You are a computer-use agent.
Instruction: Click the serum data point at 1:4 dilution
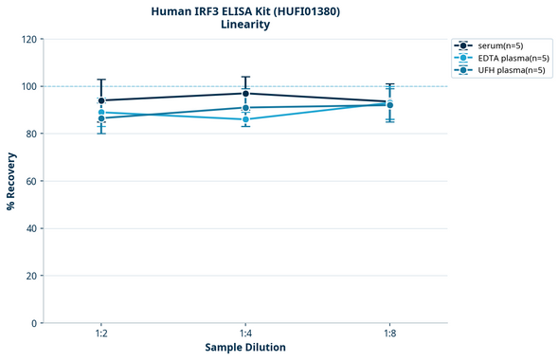[245, 93]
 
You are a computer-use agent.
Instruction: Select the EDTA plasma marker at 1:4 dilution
[245, 119]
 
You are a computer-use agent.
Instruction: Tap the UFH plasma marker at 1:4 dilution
[245, 108]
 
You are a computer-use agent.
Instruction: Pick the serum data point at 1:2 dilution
[101, 100]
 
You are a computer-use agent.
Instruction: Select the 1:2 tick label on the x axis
[101, 334]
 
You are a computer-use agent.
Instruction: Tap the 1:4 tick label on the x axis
[245, 334]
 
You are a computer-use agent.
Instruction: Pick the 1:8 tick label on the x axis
[389, 334]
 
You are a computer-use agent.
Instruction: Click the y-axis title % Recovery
[11, 181]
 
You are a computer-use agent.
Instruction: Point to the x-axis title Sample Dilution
[245, 348]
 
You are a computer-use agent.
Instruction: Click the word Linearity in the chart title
[245, 25]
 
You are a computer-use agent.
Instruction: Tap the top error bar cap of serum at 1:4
[245, 77]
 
